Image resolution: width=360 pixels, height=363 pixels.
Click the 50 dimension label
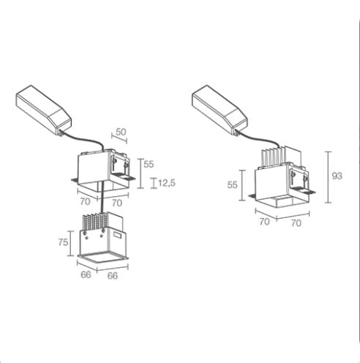pyautogui.click(x=121, y=132)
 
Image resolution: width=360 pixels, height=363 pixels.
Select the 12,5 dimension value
pyautogui.click(x=167, y=183)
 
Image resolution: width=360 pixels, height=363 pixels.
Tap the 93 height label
pyautogui.click(x=337, y=176)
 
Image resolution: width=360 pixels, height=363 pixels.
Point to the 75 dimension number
pyautogui.click(x=63, y=242)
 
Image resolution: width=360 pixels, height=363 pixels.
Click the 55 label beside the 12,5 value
pyautogui.click(x=149, y=164)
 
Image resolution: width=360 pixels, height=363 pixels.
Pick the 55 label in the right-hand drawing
pyautogui.click(x=232, y=184)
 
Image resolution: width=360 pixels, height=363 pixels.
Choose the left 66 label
pyautogui.click(x=86, y=274)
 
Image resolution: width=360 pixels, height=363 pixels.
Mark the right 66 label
pyautogui.click(x=113, y=276)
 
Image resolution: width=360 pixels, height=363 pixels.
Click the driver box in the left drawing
pyautogui.click(x=44, y=110)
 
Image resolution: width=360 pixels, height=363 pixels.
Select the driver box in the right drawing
pyautogui.click(x=220, y=110)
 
